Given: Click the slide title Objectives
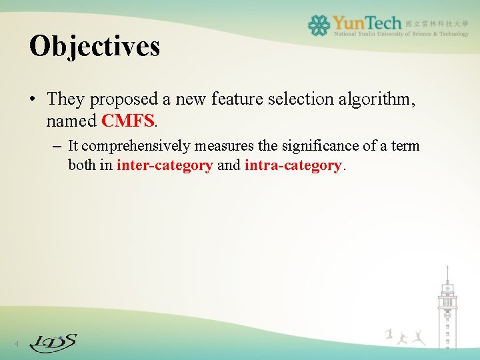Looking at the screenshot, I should pyautogui.click(x=95, y=46).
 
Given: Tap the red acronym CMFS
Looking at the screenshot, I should pyautogui.click(x=127, y=121).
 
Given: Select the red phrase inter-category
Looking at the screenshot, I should pyautogui.click(x=164, y=165).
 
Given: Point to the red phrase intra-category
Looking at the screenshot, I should pyautogui.click(x=293, y=165).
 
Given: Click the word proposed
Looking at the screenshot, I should pyautogui.click(x=125, y=99).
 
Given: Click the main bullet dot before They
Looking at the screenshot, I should pyautogui.click(x=33, y=100).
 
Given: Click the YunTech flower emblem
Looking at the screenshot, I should pyautogui.click(x=319, y=25).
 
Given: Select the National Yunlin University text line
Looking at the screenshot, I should pyautogui.click(x=401, y=33).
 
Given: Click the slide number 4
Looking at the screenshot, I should pyautogui.click(x=17, y=344).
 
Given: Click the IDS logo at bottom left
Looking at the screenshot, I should pyautogui.click(x=53, y=343).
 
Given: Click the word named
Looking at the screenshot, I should pyautogui.click(x=71, y=121).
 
